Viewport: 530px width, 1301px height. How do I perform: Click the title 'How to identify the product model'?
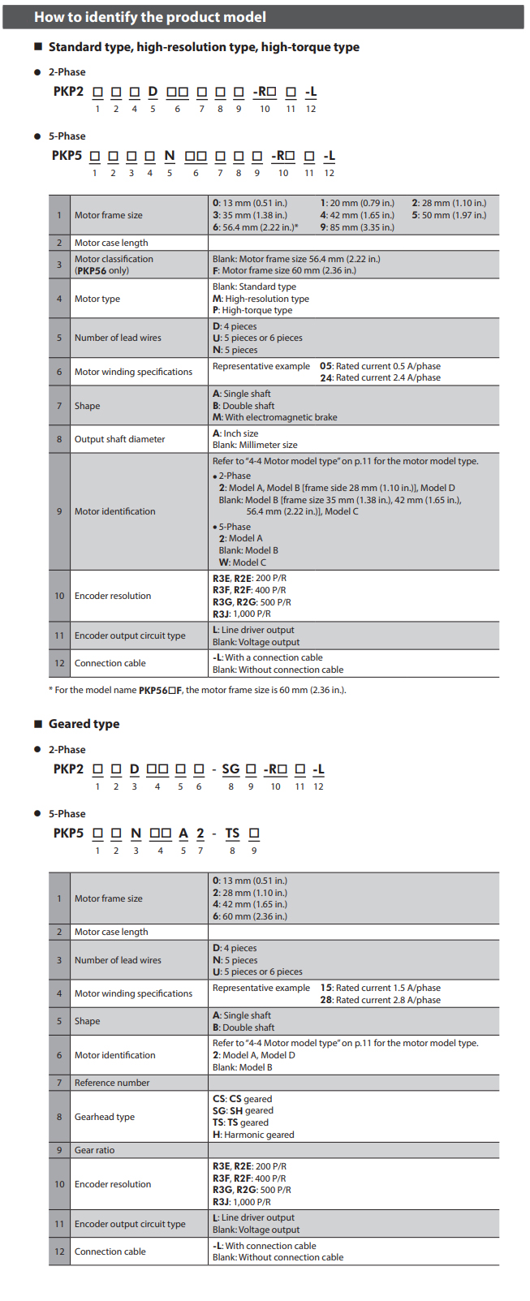pos(149,17)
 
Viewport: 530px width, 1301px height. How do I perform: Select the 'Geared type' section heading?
pos(84,724)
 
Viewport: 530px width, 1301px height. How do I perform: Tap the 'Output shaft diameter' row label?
pos(119,439)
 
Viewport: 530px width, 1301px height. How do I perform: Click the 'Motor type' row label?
pos(97,299)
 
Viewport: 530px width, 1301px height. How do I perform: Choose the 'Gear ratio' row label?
pos(94,1150)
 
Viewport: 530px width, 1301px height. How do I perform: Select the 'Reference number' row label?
pos(112,1083)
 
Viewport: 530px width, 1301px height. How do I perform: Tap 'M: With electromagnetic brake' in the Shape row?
pos(274,417)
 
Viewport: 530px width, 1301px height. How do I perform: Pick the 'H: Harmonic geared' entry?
pos(253,1135)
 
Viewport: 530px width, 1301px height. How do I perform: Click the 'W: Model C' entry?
pos(242,562)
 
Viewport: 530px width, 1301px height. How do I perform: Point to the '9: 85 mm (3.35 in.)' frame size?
pos(357,227)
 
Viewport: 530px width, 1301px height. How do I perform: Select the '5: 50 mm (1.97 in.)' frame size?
pos(449,215)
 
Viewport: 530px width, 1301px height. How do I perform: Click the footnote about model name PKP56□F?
pos(197,690)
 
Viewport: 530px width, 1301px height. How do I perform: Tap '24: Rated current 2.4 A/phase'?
pos(380,377)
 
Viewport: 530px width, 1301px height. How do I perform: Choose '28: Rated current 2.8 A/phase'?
pos(380,1000)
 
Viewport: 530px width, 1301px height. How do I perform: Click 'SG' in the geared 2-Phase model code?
pos(231,769)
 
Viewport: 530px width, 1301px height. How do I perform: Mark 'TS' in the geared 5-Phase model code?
pos(232,833)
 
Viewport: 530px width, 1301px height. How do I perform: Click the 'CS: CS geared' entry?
pos(242,1099)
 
